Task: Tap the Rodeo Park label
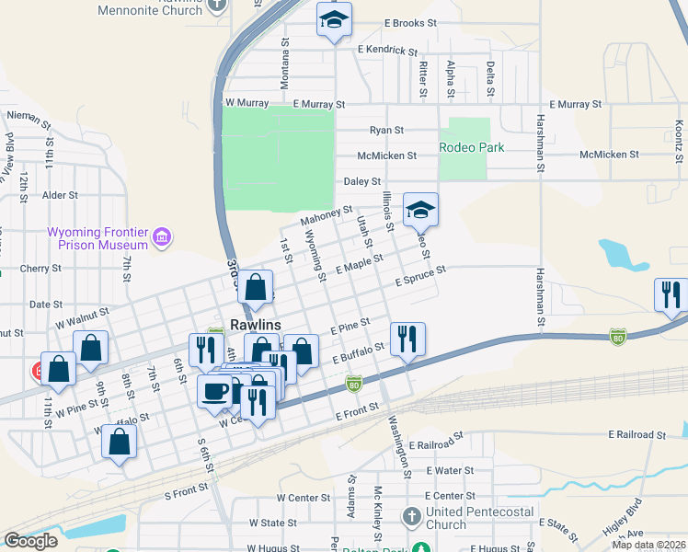click(x=472, y=147)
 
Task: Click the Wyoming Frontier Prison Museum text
click(x=98, y=238)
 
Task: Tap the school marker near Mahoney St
click(x=420, y=210)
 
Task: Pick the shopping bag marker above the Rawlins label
click(x=257, y=287)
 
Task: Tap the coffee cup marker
click(x=214, y=390)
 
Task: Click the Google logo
click(x=31, y=541)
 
